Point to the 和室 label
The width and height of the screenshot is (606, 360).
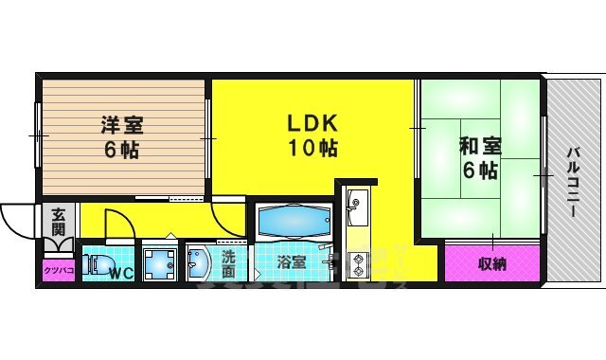point(480,147)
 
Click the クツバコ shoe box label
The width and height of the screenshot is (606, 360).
point(58,270)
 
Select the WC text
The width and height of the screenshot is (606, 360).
point(120,276)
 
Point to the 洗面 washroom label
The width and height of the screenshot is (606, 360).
point(229,263)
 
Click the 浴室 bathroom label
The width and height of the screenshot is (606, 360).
point(291,262)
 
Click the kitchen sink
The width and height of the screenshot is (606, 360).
point(358,201)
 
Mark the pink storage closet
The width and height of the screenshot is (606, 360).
point(491,262)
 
